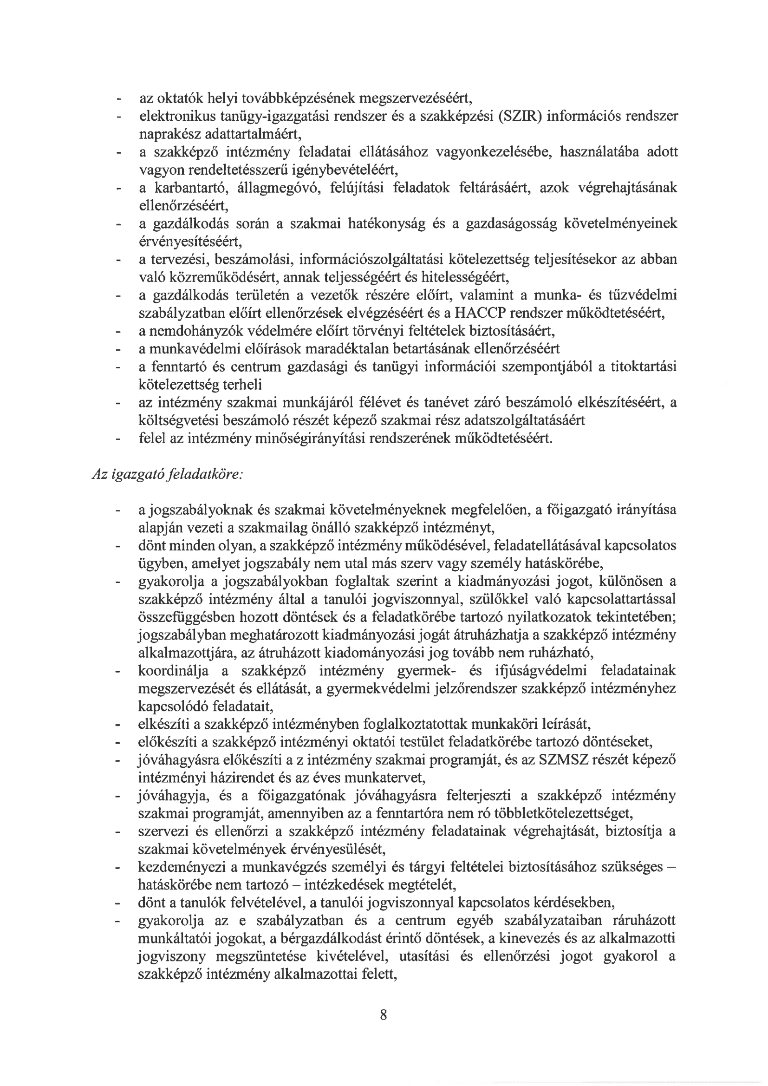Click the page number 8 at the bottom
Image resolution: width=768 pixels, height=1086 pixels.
[384, 1014]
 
